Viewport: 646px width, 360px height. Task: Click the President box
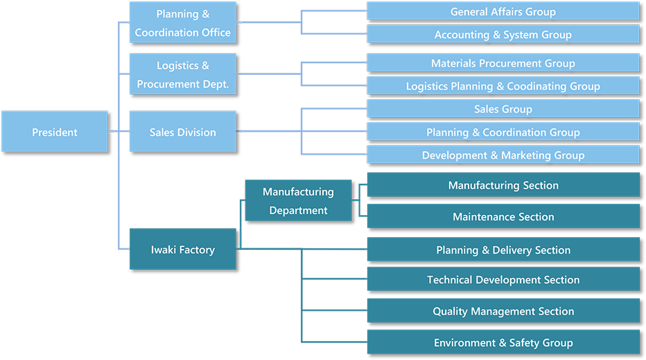tap(55, 132)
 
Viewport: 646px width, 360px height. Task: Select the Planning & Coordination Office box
tap(183, 23)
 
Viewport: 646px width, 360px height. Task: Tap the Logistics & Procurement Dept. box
tap(183, 75)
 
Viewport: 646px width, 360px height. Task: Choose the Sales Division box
tap(183, 132)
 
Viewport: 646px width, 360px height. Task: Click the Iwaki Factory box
tap(183, 249)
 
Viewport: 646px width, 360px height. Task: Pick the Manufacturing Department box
tap(298, 200)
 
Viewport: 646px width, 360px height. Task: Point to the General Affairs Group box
tap(503, 11)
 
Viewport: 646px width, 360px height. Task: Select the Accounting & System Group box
tap(503, 34)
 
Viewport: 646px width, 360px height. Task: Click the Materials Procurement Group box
tap(503, 63)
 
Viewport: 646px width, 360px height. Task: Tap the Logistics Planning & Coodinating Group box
tap(503, 86)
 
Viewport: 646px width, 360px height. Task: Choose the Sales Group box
tap(503, 109)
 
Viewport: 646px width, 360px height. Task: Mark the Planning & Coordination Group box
tap(503, 132)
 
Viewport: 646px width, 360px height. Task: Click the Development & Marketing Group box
tap(503, 155)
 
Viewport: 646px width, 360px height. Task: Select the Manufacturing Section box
tap(503, 185)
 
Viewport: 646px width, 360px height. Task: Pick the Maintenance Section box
tap(503, 216)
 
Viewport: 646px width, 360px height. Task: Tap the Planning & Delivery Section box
tap(503, 250)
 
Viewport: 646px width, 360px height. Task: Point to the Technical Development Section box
tap(503, 280)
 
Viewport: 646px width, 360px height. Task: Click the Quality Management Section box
tap(503, 311)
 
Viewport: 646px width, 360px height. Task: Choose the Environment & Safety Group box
tap(503, 342)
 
